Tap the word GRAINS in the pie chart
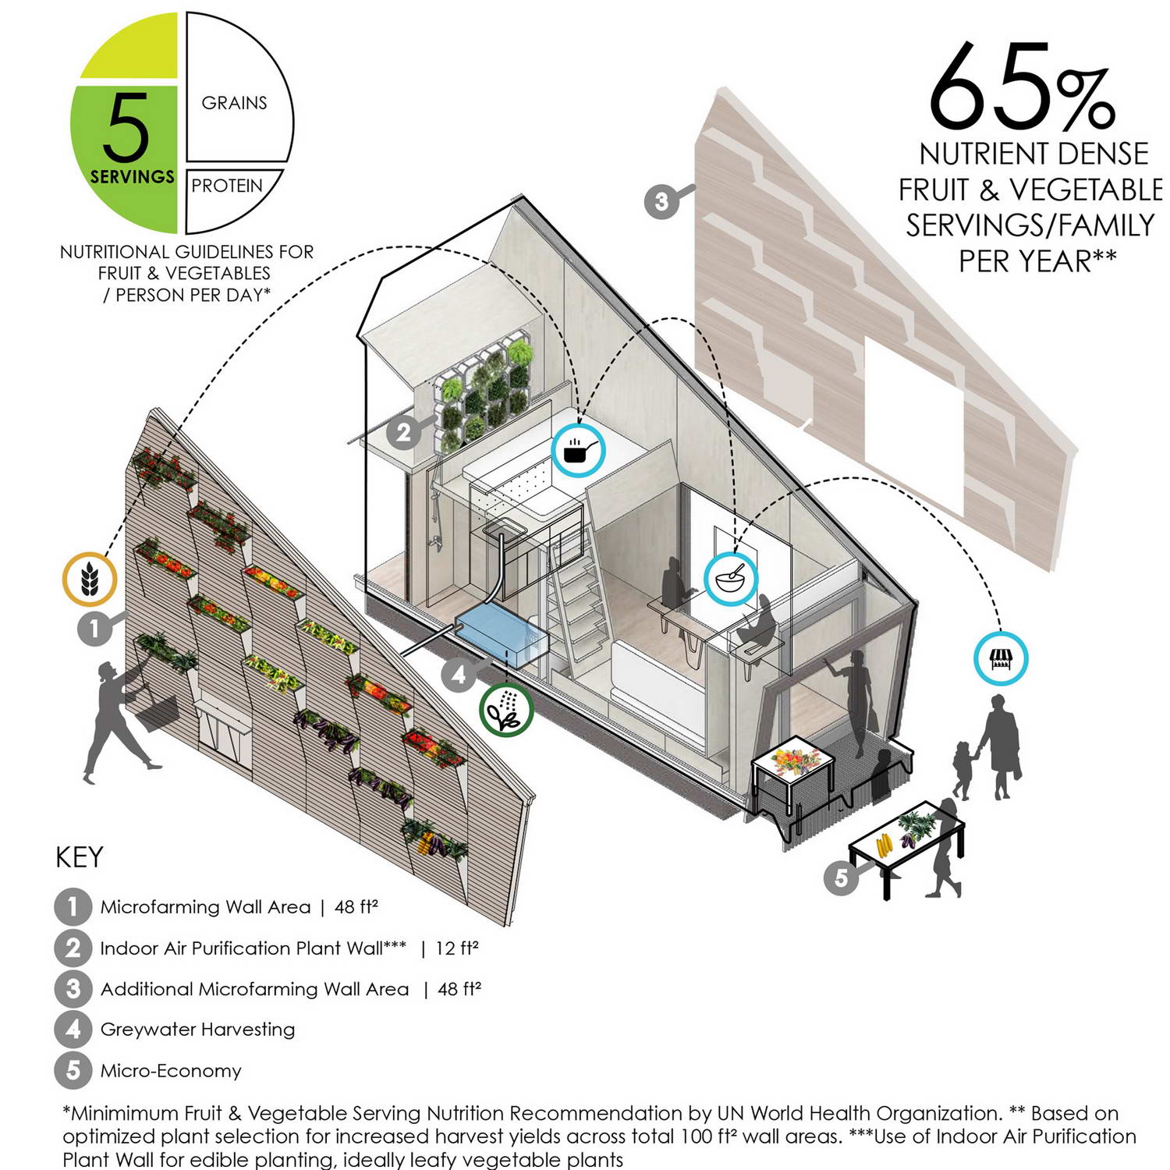[234, 103]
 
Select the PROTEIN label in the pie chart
[227, 186]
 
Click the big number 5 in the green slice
[125, 126]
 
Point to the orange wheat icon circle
[90, 580]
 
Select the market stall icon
[1001, 659]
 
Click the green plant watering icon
[506, 710]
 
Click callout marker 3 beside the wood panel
[661, 201]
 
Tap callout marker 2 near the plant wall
[403, 432]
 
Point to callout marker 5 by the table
[842, 877]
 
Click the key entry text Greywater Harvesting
[197, 1030]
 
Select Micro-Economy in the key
[171, 1070]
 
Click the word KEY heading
[80, 857]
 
